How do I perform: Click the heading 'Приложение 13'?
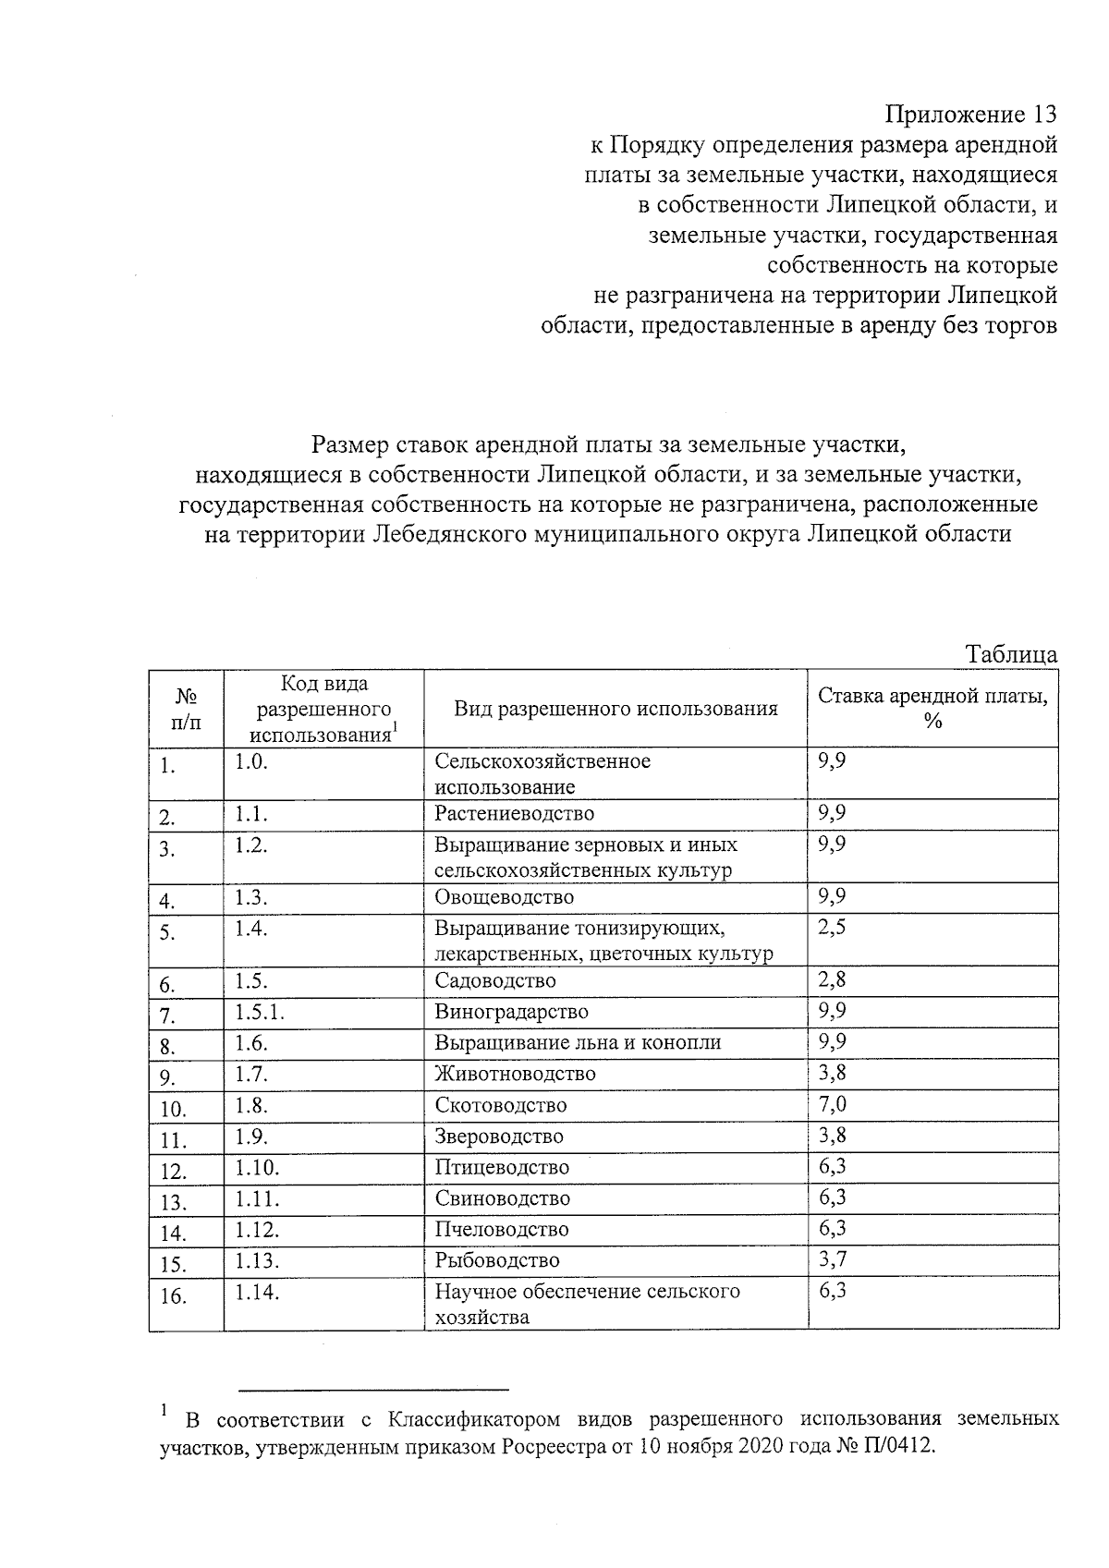[x=970, y=115]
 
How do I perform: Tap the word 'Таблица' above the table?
[x=1011, y=654]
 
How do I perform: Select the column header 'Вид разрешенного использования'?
[x=615, y=709]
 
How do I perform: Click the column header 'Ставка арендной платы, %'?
[x=932, y=708]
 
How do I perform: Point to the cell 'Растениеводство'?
[x=515, y=813]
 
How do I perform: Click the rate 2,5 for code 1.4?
[x=833, y=928]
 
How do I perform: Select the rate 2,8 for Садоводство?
[x=833, y=979]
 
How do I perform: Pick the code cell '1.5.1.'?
[x=260, y=1012]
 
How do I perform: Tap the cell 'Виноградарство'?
[x=511, y=1012]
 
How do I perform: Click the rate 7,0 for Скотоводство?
[x=833, y=1104]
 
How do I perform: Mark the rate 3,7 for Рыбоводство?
[x=833, y=1259]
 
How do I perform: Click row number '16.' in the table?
[x=173, y=1296]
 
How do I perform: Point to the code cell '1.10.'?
[x=257, y=1167]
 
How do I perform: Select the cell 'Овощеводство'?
[x=505, y=897]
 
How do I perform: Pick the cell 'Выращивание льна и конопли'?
[x=578, y=1042]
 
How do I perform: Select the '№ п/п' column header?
[x=186, y=709]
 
